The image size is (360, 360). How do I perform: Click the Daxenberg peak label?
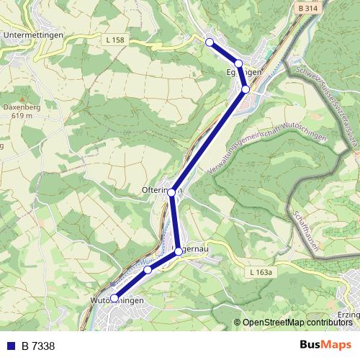19,107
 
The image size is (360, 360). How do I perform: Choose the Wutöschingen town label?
117,300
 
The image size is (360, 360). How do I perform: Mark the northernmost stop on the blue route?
210,42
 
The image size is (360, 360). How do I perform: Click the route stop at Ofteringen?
171,192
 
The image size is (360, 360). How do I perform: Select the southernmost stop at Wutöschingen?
114,297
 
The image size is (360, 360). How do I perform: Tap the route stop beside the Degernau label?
179,251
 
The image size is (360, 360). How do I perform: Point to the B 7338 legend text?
37,346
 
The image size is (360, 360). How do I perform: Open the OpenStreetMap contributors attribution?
297,323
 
